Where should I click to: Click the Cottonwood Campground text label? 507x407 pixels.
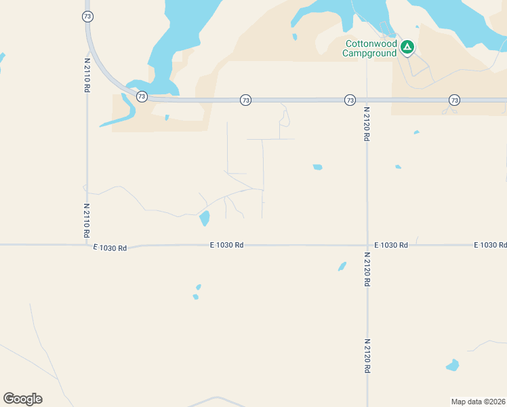click(x=370, y=48)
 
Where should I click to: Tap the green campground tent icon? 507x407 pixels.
click(x=407, y=47)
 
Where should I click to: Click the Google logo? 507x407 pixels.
click(x=22, y=399)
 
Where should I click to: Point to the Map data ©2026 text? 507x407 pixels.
click(x=478, y=402)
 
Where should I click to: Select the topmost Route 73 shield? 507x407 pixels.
click(x=87, y=16)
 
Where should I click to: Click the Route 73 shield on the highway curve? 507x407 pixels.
click(x=141, y=96)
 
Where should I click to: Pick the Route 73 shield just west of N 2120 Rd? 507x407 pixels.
click(x=350, y=100)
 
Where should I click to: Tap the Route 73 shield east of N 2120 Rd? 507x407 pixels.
click(x=454, y=100)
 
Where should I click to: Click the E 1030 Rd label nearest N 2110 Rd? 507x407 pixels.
click(x=110, y=248)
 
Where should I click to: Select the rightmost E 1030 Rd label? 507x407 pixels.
click(x=490, y=244)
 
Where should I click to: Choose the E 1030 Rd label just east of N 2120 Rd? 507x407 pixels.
click(x=391, y=244)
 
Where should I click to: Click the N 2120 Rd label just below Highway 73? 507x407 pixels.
click(x=367, y=123)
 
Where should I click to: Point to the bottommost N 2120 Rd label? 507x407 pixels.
click(x=367, y=356)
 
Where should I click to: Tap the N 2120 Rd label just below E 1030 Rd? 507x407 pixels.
click(x=367, y=269)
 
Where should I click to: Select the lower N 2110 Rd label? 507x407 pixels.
click(x=87, y=220)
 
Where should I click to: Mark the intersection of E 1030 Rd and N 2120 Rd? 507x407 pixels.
click(x=367, y=245)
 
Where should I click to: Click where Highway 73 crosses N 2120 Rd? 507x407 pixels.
click(x=367, y=100)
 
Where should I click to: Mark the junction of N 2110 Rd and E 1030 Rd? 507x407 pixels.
click(x=87, y=245)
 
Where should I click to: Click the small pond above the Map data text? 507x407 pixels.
click(x=452, y=366)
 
